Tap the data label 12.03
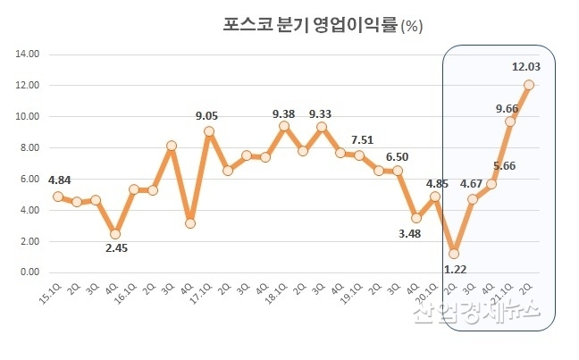pos(525,66)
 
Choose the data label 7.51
pos(362,139)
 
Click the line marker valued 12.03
pos(529,85)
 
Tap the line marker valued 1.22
pos(454,253)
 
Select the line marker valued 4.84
pos(58,197)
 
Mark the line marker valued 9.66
pos(510,121)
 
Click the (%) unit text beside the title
pos(412,26)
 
